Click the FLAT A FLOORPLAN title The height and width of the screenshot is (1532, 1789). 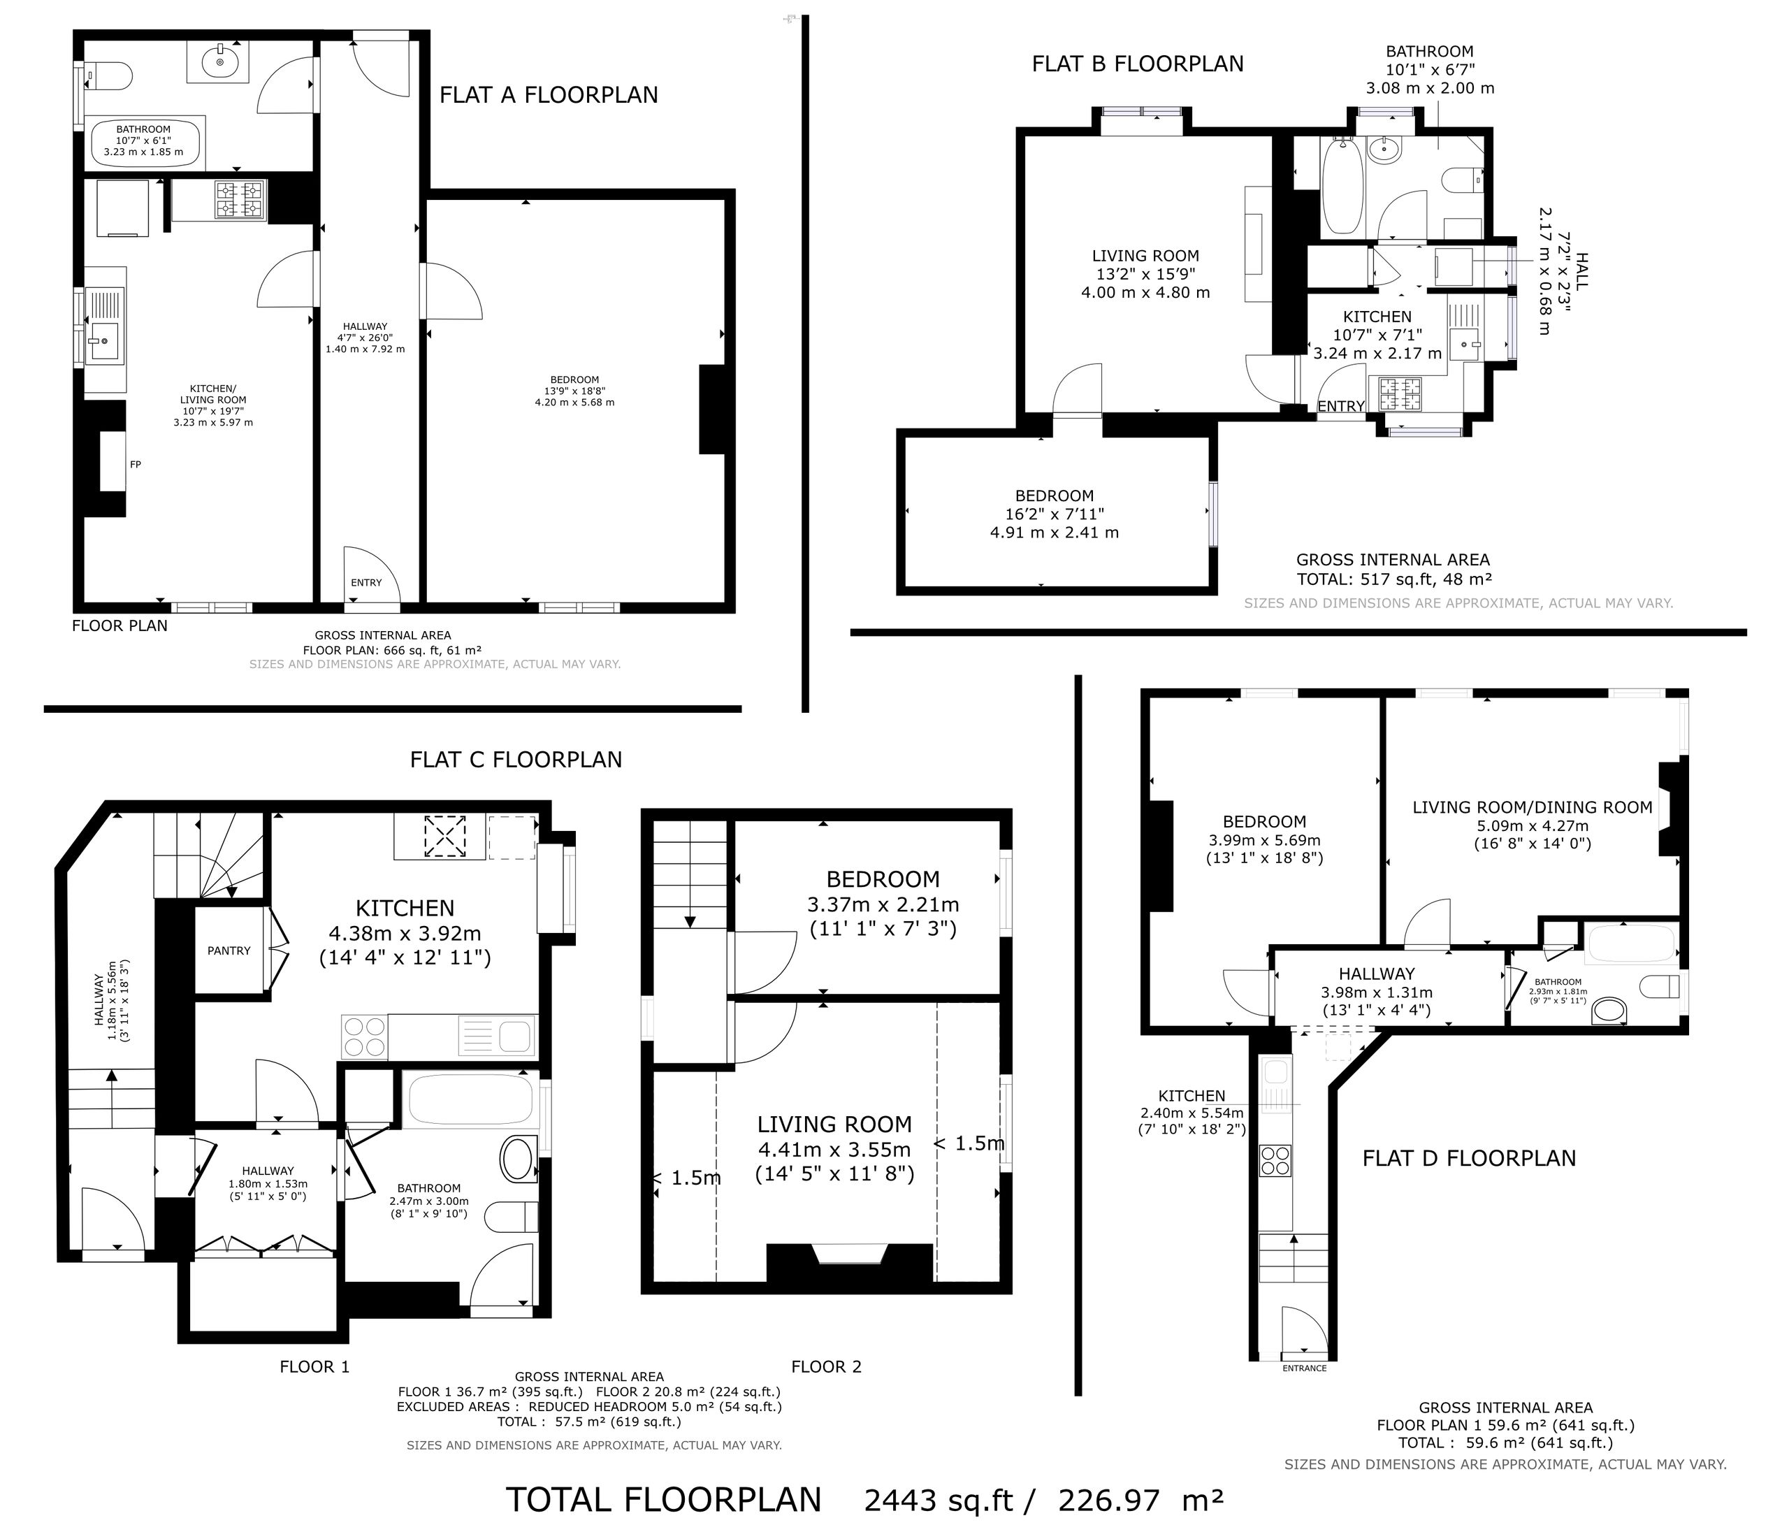[549, 95]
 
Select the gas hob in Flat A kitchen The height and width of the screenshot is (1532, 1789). [241, 199]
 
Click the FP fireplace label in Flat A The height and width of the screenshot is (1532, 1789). [136, 465]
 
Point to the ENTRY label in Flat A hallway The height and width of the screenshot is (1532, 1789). [366, 583]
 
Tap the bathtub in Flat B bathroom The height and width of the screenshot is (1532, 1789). [1342, 184]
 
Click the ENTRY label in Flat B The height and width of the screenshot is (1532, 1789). [1341, 406]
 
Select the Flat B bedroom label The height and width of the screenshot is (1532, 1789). [1055, 496]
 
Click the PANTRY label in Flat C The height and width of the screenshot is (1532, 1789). [229, 951]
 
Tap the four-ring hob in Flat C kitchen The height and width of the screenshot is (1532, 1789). [364, 1036]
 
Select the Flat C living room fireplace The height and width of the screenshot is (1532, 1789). [850, 1262]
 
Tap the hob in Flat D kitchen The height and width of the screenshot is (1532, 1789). [1276, 1161]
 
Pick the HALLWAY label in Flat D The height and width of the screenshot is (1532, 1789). [1377, 974]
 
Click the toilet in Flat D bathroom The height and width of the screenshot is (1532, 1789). [1660, 985]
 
